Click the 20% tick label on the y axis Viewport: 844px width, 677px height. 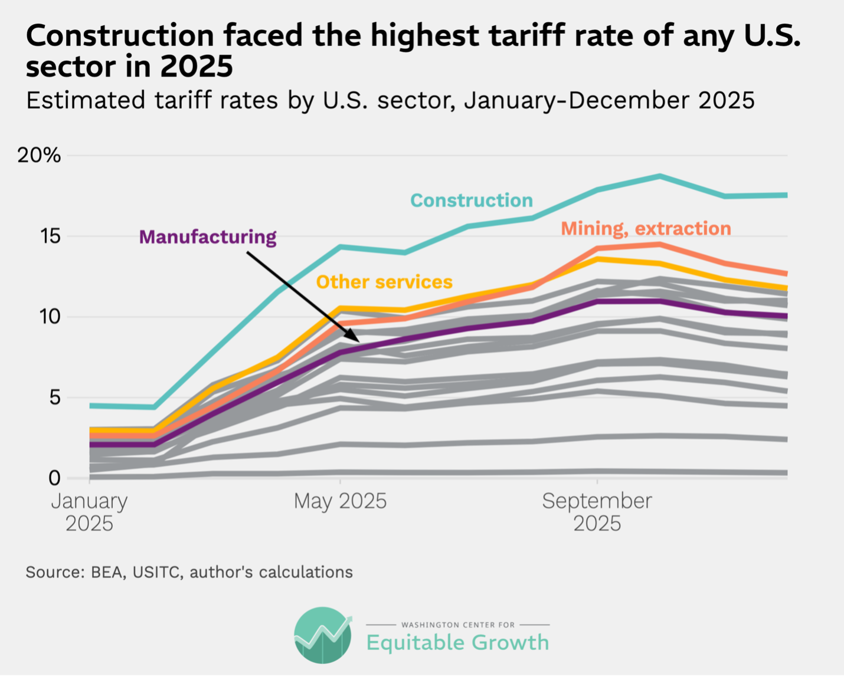tap(39, 156)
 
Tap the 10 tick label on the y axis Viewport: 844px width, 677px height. tap(50, 317)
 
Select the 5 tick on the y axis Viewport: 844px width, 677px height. tap(54, 397)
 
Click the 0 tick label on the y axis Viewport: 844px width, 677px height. tap(54, 478)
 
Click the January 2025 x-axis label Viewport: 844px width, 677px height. tap(89, 511)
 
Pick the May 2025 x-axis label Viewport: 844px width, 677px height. tap(340, 501)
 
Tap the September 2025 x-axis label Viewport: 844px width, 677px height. tap(597, 511)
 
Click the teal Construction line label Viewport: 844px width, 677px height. tap(471, 201)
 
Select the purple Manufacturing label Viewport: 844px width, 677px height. tap(208, 236)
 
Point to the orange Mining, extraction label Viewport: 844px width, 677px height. tap(646, 228)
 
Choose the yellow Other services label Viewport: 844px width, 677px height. tap(384, 282)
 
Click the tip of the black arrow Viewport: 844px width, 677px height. tap(358, 341)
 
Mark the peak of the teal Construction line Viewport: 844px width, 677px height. tap(660, 176)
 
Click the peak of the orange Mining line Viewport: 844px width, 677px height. tap(660, 244)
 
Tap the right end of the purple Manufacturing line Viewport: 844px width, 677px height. tap(786, 316)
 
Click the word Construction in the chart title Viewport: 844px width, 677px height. tap(120, 36)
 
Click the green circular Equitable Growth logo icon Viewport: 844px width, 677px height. tap(323, 635)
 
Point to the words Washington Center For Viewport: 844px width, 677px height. tap(458, 625)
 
